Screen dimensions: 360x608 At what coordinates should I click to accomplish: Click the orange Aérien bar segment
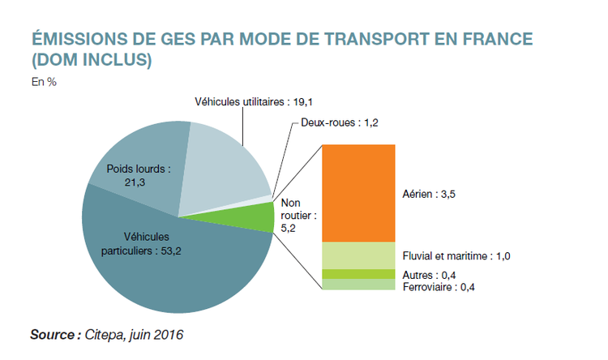[x=358, y=192]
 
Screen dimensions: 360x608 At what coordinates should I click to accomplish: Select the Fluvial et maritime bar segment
[x=358, y=255]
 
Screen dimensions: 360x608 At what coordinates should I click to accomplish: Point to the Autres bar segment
[x=358, y=274]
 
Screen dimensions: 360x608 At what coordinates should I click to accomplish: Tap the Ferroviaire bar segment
[x=358, y=285]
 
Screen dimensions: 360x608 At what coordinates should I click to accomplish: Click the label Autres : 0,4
[x=430, y=276]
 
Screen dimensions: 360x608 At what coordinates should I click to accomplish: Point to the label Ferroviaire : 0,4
[x=438, y=287]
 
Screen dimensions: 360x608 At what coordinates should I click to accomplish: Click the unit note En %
[x=43, y=81]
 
